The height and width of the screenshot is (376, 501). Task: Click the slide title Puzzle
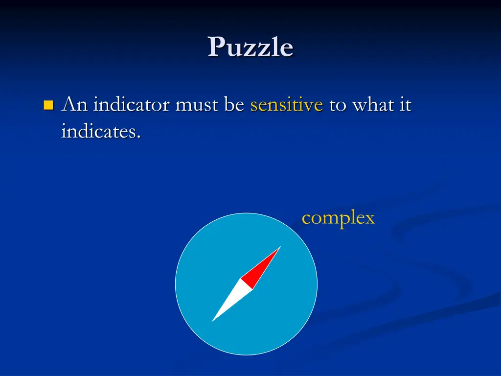point(250,47)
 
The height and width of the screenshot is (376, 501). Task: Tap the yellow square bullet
point(48,105)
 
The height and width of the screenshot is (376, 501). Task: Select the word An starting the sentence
point(74,105)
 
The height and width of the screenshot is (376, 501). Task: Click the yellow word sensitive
point(286,105)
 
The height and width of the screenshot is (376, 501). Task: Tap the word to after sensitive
point(337,105)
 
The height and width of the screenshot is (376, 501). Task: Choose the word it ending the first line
point(405,105)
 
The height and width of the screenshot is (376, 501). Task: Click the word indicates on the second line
point(98,131)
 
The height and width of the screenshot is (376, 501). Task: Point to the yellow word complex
point(338,218)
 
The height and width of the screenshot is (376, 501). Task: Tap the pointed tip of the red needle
point(280,247)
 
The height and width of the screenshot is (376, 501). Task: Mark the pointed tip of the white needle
point(212,321)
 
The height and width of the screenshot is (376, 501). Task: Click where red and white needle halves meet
point(246,284)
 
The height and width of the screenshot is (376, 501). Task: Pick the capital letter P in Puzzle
point(216,47)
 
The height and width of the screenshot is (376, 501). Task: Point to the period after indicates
point(139,137)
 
